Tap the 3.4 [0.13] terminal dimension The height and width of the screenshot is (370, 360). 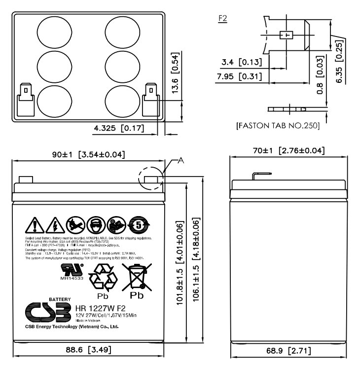coord(242,62)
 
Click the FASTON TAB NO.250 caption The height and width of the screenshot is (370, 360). coord(278,126)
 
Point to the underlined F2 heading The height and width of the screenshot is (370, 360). coord(222,18)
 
